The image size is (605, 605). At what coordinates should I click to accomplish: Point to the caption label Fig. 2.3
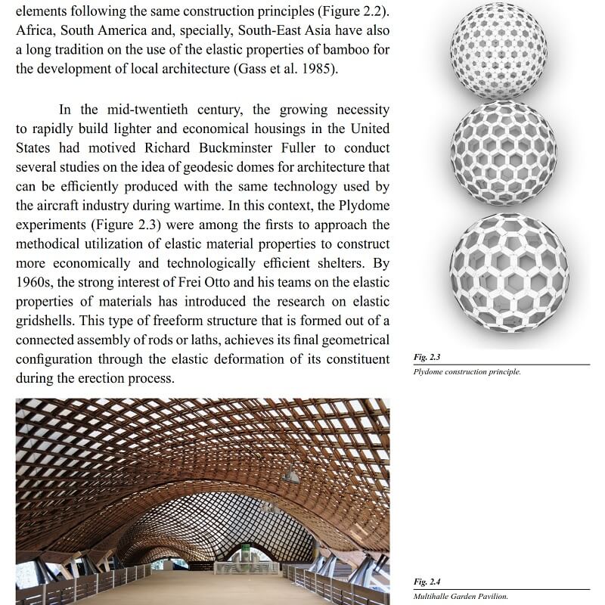427,357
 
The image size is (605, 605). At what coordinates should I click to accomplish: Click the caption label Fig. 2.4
427,582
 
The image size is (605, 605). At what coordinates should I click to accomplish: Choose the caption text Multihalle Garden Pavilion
461,595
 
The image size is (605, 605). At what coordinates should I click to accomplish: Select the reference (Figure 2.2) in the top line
349,13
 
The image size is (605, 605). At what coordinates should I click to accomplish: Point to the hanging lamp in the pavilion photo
290,474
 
